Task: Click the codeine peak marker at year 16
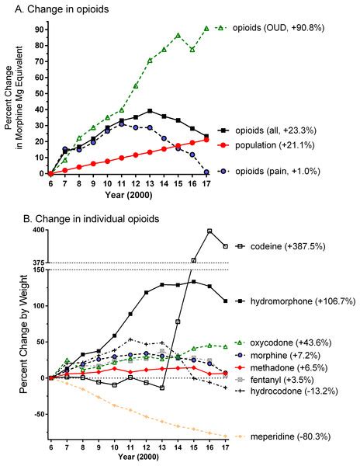pos(209,231)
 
